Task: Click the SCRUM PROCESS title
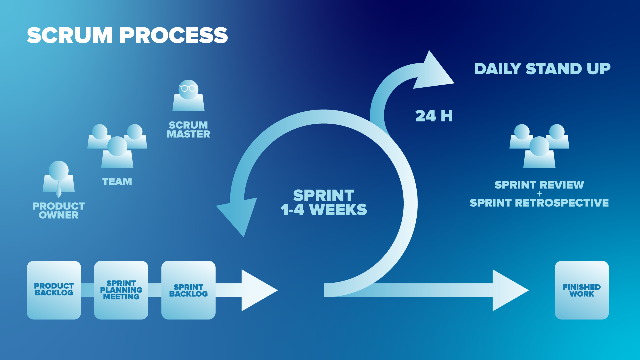[x=127, y=35]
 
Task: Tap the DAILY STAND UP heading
[x=542, y=69]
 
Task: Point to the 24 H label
[x=434, y=116]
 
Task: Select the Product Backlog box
[x=54, y=290]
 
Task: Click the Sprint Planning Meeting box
[x=121, y=290]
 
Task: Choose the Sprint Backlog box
[x=188, y=290]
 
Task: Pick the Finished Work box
[x=582, y=290]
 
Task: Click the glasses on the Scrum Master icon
[x=188, y=88]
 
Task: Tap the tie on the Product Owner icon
[x=59, y=189]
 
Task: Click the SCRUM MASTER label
[x=188, y=130]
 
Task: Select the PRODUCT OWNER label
[x=59, y=211]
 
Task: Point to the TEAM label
[x=117, y=182]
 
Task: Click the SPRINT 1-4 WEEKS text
[x=324, y=203]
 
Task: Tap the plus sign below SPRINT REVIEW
[x=539, y=194]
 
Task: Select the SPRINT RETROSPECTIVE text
[x=539, y=203]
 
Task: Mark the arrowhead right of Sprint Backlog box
[x=257, y=290]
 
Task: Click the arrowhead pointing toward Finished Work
[x=508, y=290]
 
